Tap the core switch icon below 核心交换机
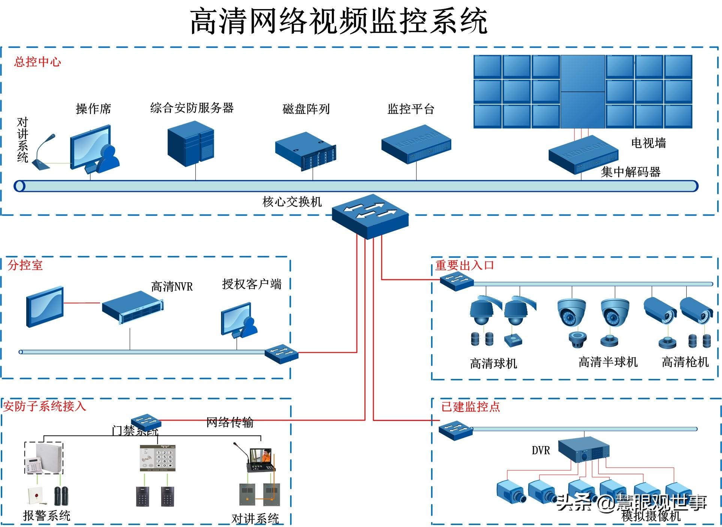click(x=370, y=216)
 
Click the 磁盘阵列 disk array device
click(x=306, y=151)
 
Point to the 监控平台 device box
click(x=416, y=144)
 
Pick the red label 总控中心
click(x=37, y=62)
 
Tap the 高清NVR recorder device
click(x=133, y=307)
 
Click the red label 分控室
click(x=25, y=265)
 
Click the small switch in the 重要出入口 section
click(x=456, y=281)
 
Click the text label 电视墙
click(x=648, y=143)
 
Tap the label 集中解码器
click(x=631, y=172)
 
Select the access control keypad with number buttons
click(x=157, y=458)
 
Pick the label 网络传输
click(x=230, y=422)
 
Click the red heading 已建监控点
click(x=470, y=407)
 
